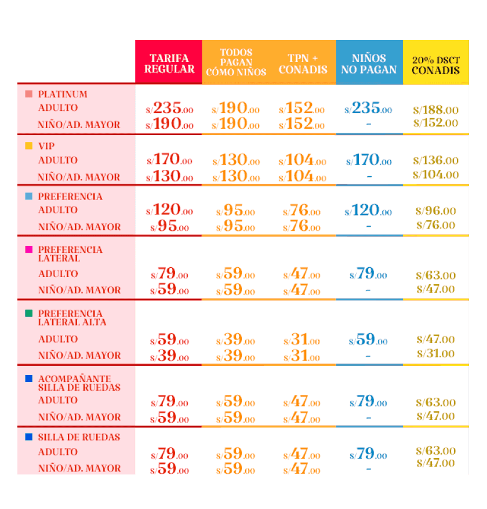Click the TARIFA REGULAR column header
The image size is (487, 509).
(x=169, y=63)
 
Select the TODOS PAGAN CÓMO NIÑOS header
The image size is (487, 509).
(x=236, y=62)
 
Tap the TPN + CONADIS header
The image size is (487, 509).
(x=303, y=64)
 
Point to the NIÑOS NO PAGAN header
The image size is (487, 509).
(x=369, y=64)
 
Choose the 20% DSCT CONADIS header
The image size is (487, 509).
(x=436, y=66)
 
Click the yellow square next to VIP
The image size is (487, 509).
(x=29, y=146)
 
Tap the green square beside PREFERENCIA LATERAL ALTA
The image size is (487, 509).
(x=29, y=313)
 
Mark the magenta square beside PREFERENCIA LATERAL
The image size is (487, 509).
(x=29, y=249)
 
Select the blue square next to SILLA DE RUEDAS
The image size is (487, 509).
(x=29, y=437)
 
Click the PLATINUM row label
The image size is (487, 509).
(x=63, y=94)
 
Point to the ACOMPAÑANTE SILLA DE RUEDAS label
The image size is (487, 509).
(x=79, y=383)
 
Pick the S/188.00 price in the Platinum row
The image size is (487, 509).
(x=436, y=110)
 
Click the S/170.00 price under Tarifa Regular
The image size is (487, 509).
(x=169, y=159)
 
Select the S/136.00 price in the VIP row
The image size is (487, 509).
(x=436, y=161)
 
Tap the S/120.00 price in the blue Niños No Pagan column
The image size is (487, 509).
(x=368, y=210)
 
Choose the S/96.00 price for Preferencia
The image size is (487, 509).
(x=436, y=210)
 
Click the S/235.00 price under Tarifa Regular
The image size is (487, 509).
(x=169, y=108)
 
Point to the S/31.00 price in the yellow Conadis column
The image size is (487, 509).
(x=436, y=354)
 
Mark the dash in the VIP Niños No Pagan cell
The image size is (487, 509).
(x=369, y=177)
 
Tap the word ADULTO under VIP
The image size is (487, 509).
(x=58, y=160)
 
